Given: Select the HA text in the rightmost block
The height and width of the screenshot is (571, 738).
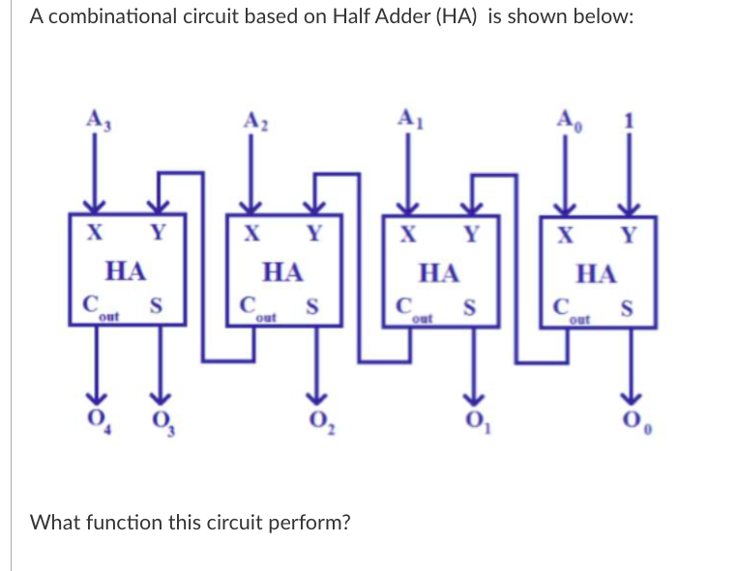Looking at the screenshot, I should (x=596, y=273).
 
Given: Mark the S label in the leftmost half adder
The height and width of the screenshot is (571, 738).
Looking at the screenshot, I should (x=154, y=306).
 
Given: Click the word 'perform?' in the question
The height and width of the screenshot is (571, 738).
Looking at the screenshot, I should (x=311, y=523).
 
